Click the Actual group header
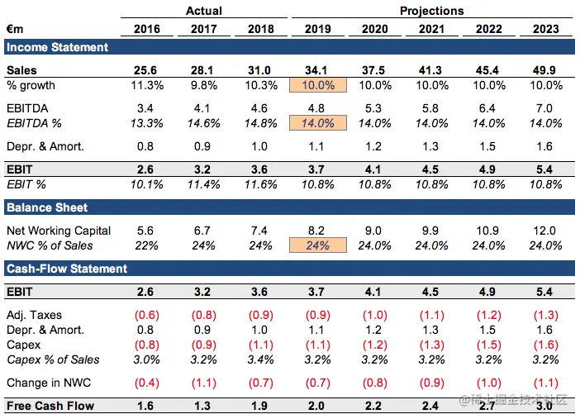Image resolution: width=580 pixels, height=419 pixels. [203, 11]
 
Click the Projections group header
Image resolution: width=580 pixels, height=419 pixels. [431, 11]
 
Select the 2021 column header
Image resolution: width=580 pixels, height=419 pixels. [431, 29]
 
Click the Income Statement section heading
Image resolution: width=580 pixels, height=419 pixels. [57, 47]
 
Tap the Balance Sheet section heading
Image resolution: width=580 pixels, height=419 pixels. [47, 207]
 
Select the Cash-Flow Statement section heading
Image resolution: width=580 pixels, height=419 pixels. [67, 269]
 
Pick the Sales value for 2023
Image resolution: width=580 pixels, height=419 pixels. [545, 71]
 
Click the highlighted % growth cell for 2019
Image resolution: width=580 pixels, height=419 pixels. [317, 86]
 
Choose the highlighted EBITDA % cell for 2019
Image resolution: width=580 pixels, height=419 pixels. [317, 123]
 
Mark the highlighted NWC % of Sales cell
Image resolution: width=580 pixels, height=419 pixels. [317, 245]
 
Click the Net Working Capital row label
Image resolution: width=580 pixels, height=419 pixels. [59, 231]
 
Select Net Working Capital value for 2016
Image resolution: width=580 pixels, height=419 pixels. [147, 231]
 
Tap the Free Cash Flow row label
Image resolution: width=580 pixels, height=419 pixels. [50, 406]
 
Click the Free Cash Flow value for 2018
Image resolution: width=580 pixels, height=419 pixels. [261, 406]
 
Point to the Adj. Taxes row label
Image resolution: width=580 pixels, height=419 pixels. [34, 315]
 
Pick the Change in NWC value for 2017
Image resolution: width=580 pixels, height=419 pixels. [204, 383]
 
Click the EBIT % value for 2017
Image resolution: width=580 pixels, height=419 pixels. [204, 183]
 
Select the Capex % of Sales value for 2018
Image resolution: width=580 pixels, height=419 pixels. [261, 359]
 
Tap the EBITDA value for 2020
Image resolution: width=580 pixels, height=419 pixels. [374, 108]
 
